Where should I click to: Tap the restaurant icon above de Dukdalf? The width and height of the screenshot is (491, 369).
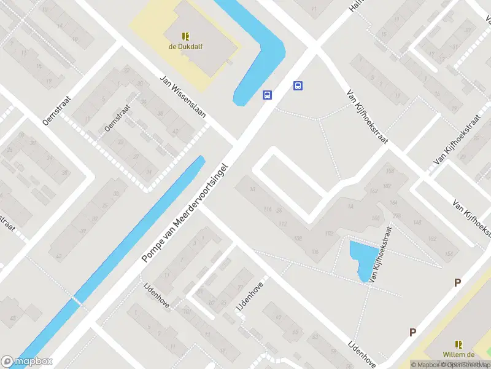click(185, 36)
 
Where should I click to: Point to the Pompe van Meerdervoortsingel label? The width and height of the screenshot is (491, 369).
click(185, 213)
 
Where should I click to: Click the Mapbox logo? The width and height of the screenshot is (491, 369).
click(27, 362)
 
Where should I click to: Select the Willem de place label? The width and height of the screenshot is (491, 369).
click(458, 354)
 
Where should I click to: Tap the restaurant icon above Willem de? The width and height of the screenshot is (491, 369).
click(458, 344)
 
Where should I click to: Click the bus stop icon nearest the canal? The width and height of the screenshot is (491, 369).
click(268, 95)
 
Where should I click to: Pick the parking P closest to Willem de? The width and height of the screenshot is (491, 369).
click(413, 332)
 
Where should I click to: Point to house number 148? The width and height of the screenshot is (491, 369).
click(417, 222)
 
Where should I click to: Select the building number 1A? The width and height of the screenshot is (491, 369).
click(351, 207)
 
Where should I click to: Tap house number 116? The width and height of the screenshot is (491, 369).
click(266, 210)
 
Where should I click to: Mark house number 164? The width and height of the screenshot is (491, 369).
click(393, 202)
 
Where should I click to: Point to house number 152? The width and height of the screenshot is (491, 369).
click(432, 239)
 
